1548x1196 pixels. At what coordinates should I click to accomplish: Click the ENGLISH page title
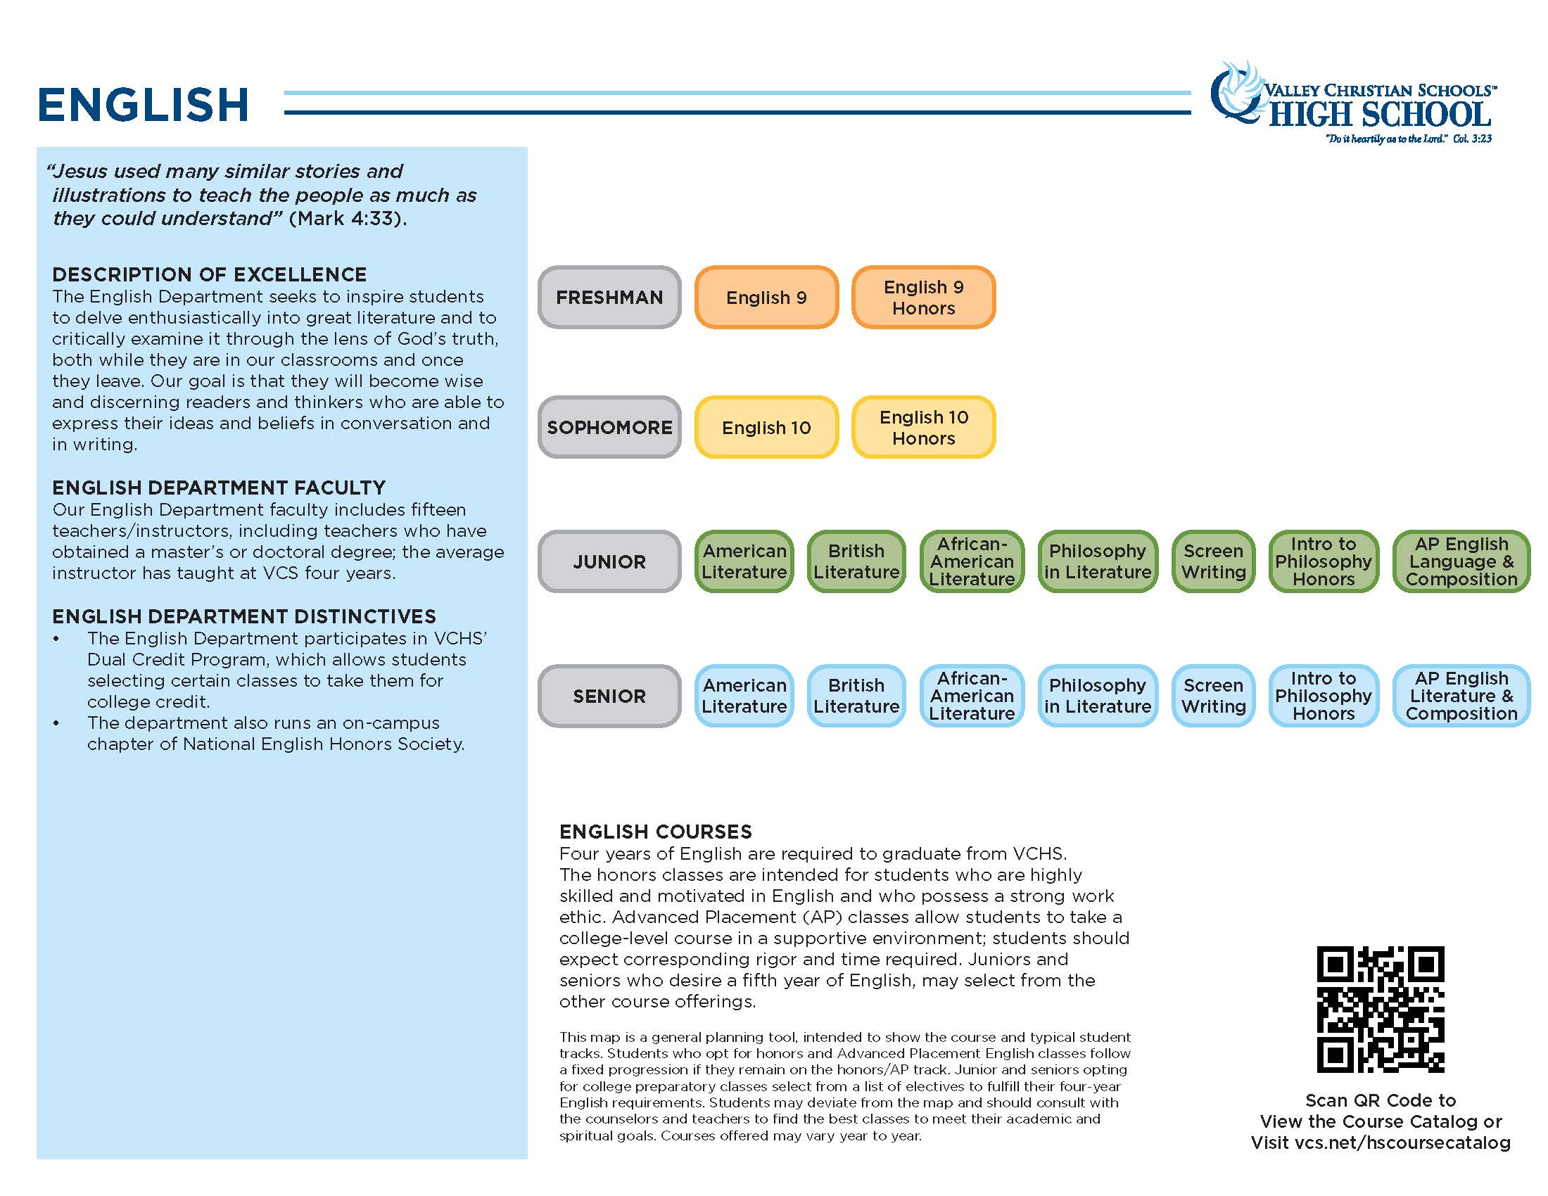click(x=143, y=105)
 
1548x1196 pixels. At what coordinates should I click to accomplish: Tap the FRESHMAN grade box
click(x=609, y=298)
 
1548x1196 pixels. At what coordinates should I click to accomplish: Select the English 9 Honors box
click(x=923, y=298)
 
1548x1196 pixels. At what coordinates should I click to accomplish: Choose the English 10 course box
click(x=766, y=428)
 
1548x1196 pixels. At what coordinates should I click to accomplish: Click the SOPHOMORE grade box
click(x=609, y=428)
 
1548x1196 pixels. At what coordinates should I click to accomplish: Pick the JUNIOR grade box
click(x=609, y=562)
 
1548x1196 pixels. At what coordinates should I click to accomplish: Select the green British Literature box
click(x=856, y=562)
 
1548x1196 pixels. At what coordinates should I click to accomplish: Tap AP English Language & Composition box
click(x=1461, y=562)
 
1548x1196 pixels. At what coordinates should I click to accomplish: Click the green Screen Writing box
click(x=1214, y=562)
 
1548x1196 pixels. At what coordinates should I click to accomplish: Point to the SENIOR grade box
click(x=609, y=696)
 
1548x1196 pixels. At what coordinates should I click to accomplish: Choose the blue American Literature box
click(x=744, y=696)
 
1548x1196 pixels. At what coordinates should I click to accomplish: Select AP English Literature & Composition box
click(x=1461, y=696)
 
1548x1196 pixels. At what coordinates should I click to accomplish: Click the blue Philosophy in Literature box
click(x=1097, y=696)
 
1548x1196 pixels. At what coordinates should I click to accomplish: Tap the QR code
click(x=1380, y=1009)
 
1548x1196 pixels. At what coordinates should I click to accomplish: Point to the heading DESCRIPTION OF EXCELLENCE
click(x=209, y=275)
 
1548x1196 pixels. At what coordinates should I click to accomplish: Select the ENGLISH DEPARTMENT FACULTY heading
click(x=218, y=488)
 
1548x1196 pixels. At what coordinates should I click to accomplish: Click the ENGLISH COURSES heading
click(x=656, y=832)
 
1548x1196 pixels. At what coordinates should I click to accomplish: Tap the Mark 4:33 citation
click(x=348, y=218)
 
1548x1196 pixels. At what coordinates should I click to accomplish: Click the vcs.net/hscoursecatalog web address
click(x=1402, y=1143)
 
